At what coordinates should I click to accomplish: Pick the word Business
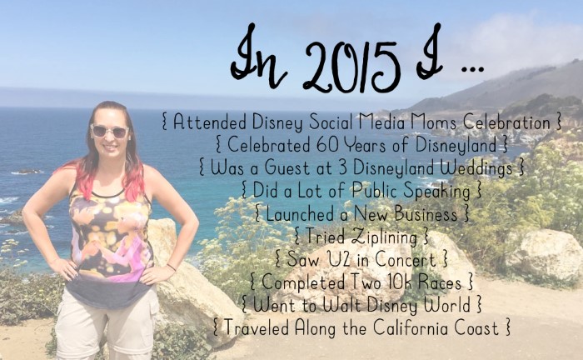426,214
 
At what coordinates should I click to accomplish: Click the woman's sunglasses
109,131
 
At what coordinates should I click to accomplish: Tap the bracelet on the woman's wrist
171,267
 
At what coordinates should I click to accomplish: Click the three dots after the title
472,69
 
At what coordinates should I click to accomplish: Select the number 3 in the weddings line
343,168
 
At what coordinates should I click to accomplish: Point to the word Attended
210,122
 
